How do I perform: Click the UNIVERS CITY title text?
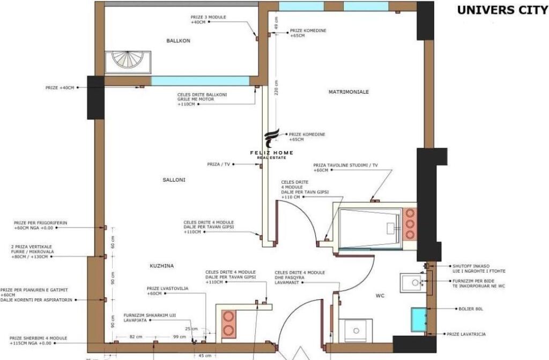502,10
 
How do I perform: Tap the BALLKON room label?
179,41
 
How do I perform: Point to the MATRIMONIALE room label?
348,92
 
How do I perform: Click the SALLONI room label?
174,180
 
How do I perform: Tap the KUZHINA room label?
161,266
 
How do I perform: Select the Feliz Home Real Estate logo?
272,144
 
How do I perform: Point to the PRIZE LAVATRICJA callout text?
466,334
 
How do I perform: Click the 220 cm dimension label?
276,88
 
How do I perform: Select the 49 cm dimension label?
276,23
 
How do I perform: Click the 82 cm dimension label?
136,336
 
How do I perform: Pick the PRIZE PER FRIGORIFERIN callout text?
41,225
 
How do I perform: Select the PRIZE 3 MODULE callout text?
208,20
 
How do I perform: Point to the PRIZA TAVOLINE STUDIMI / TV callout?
345,168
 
